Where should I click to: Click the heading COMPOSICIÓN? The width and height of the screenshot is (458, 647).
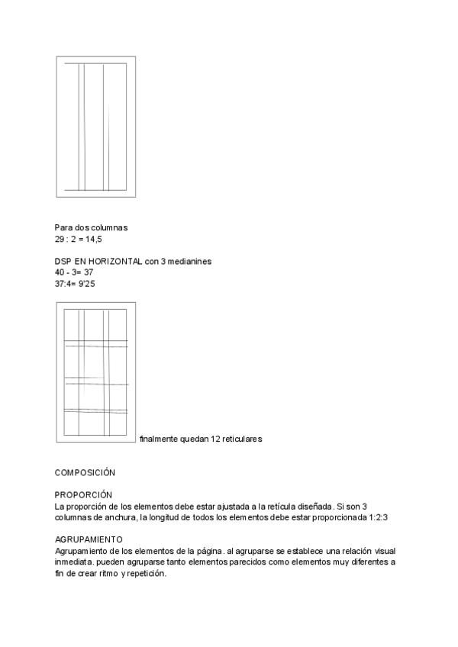tap(85, 473)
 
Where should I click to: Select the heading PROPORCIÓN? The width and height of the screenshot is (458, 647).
tap(84, 495)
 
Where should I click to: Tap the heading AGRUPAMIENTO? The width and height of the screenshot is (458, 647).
tap(89, 539)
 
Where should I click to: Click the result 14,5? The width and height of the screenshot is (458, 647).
tap(93, 240)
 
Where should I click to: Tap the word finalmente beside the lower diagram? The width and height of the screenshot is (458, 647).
tap(159, 439)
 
